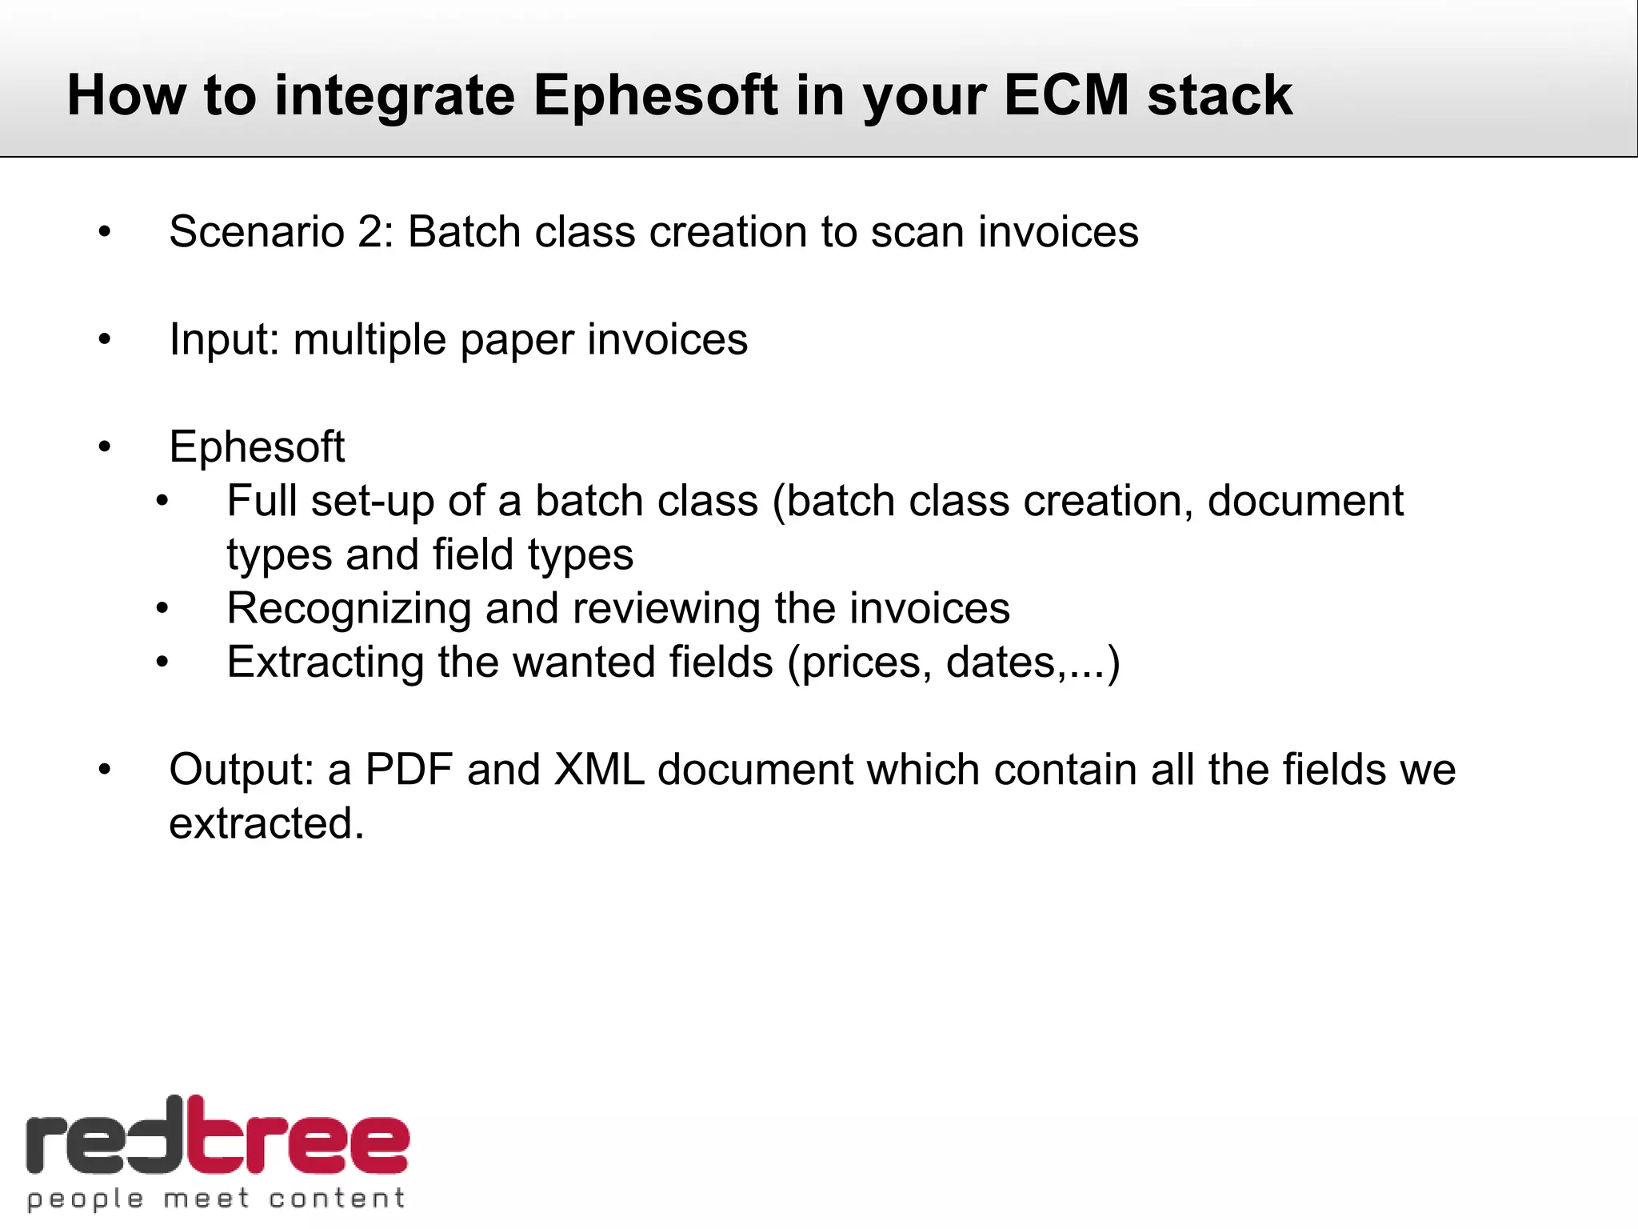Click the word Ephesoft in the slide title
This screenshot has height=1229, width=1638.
pos(654,96)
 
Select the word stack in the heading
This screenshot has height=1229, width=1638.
pos(1219,96)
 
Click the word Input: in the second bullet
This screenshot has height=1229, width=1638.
pos(225,340)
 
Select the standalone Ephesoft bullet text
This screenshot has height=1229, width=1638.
pos(257,446)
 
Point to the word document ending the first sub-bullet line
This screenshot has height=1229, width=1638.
pos(1304,502)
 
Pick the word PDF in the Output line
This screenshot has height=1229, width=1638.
pos(409,770)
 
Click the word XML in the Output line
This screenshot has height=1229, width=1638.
pos(598,770)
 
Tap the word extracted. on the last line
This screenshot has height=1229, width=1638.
pos(266,823)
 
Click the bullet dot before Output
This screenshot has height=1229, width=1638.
pos(105,770)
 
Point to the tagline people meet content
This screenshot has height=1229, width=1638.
pos(216,1199)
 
